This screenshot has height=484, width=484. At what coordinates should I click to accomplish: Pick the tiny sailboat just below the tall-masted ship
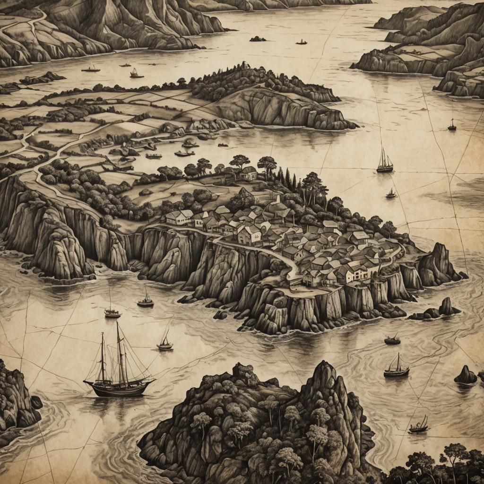tap(391, 194)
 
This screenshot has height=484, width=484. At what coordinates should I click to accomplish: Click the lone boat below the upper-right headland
tap(452, 126)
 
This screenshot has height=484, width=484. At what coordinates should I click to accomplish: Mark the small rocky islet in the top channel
tap(258, 39)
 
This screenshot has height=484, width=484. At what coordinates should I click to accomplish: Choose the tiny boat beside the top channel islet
tap(301, 42)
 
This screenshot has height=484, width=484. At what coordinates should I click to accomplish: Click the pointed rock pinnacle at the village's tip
tap(439, 262)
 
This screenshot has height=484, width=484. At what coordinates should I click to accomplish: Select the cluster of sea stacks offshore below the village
tap(437, 310)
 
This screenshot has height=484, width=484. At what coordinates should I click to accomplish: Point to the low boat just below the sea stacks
tap(392, 339)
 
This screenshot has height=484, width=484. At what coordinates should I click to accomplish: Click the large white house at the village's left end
tap(179, 217)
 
